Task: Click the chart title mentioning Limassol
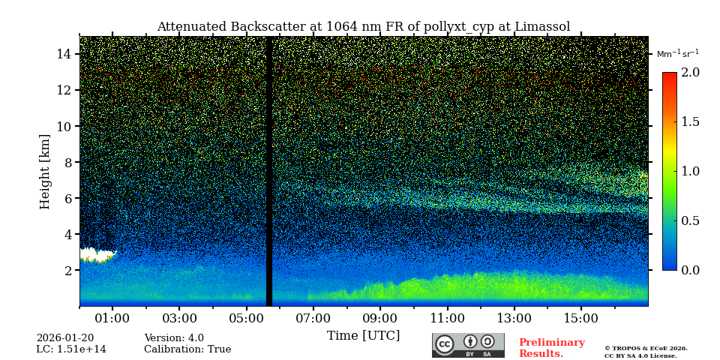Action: (x=363, y=27)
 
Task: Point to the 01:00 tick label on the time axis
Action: (x=112, y=318)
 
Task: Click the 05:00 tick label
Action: (x=246, y=318)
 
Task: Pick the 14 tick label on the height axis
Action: (x=63, y=54)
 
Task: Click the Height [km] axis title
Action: (x=45, y=171)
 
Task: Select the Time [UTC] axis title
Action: (x=363, y=335)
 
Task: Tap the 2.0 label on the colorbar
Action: (x=690, y=72)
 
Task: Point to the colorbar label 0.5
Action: (x=690, y=220)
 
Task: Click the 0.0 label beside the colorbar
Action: (x=690, y=270)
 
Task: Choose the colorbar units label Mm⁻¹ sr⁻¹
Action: (x=677, y=53)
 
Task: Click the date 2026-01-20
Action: (x=65, y=338)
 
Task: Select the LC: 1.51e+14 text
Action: (x=71, y=349)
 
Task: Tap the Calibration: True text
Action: (x=187, y=349)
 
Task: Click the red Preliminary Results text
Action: (x=551, y=348)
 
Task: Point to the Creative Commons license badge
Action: (x=468, y=345)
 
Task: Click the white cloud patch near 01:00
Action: (x=96, y=255)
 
